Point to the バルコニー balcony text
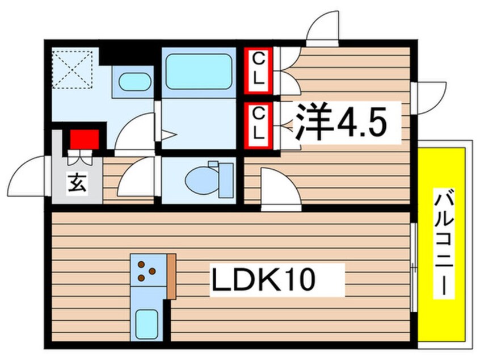(443, 244)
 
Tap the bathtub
(197, 71)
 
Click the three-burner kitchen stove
(146, 271)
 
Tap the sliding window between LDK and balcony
(414, 267)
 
